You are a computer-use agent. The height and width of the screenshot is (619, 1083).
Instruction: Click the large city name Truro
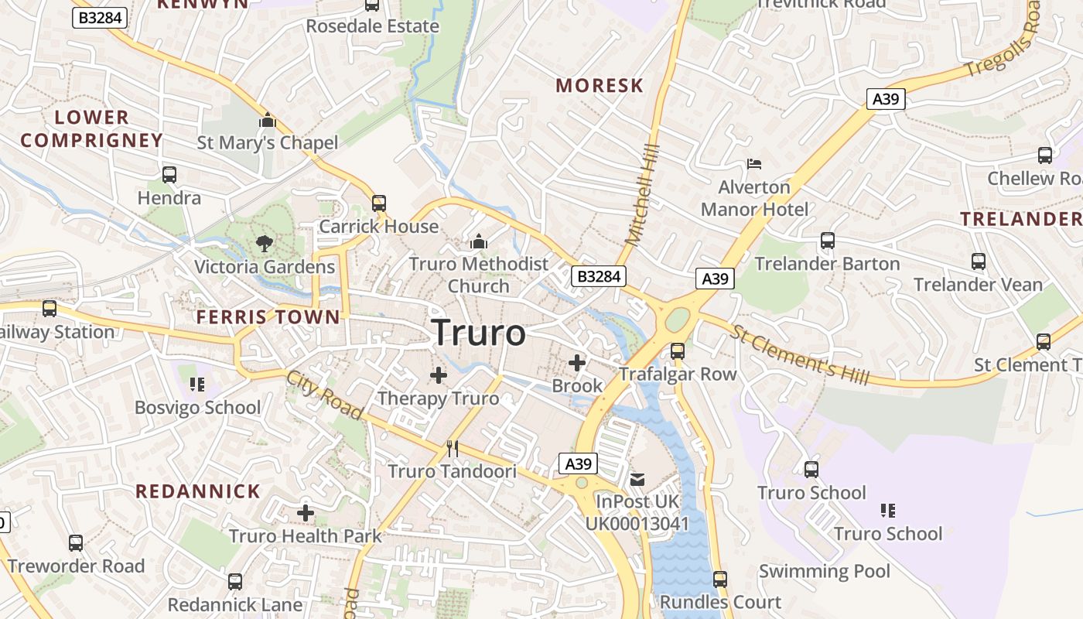(x=479, y=333)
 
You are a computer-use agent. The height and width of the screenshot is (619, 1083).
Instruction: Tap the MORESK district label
(x=600, y=85)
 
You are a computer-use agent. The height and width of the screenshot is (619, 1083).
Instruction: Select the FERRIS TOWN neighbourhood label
(x=268, y=316)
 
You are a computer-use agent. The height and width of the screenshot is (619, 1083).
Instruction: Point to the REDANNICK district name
(x=198, y=491)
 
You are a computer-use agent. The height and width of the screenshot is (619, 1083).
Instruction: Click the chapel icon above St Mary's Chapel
(x=268, y=121)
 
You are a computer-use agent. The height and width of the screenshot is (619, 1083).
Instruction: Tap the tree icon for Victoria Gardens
(x=265, y=244)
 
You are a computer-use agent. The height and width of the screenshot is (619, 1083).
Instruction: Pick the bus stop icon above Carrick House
(x=379, y=203)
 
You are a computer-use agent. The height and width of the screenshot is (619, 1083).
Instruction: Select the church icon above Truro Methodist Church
(x=479, y=241)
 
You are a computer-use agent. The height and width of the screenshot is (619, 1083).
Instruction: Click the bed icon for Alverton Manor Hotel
(x=754, y=164)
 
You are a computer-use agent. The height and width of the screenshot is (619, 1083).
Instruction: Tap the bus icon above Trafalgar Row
(x=678, y=351)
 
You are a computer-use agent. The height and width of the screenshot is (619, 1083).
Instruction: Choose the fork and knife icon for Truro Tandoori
(x=453, y=448)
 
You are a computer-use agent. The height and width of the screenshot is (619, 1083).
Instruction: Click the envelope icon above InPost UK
(x=637, y=479)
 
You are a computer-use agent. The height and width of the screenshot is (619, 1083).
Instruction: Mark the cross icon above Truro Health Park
(x=306, y=512)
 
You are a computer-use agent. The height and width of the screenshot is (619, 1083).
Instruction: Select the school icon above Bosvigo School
(x=197, y=384)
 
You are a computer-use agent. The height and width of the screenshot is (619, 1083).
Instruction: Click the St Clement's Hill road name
(x=801, y=355)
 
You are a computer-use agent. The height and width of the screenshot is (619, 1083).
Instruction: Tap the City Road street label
(x=324, y=396)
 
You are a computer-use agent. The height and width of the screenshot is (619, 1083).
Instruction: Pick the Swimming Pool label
(x=825, y=572)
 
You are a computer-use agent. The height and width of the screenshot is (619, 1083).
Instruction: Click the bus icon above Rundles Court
(x=720, y=579)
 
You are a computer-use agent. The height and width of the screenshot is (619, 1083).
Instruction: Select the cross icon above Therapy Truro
(x=439, y=375)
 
